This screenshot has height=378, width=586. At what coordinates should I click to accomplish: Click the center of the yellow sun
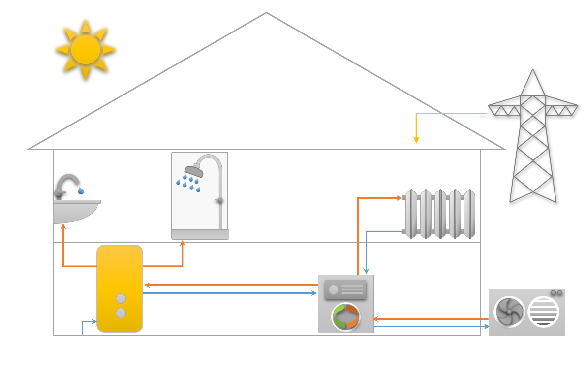pyautogui.click(x=86, y=49)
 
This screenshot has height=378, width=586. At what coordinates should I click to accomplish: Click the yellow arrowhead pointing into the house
pyautogui.click(x=416, y=140)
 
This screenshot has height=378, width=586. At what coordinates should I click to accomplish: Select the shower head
pyautogui.click(x=194, y=171)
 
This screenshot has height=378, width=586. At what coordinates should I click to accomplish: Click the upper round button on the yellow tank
pyautogui.click(x=121, y=298)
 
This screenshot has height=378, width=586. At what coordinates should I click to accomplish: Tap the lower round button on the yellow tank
pyautogui.click(x=121, y=313)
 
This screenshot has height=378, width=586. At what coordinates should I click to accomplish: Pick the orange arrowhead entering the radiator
pyautogui.click(x=400, y=198)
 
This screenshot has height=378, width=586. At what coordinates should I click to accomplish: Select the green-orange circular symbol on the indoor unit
pyautogui.click(x=346, y=316)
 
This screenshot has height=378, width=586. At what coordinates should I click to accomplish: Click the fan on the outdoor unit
pyautogui.click(x=509, y=312)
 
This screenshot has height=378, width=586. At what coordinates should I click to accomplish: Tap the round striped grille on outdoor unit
pyautogui.click(x=543, y=312)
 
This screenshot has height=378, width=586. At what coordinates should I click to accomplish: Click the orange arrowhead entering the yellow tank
pyautogui.click(x=147, y=285)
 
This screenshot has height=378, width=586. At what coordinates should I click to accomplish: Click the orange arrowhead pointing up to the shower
pyautogui.click(x=183, y=243)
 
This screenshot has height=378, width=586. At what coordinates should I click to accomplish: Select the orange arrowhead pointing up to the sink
pyautogui.click(x=63, y=226)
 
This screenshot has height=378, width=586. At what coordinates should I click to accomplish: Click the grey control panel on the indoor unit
pyautogui.click(x=345, y=289)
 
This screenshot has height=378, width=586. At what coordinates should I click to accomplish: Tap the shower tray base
pyautogui.click(x=200, y=235)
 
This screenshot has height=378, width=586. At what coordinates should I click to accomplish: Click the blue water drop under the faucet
pyautogui.click(x=81, y=190)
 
